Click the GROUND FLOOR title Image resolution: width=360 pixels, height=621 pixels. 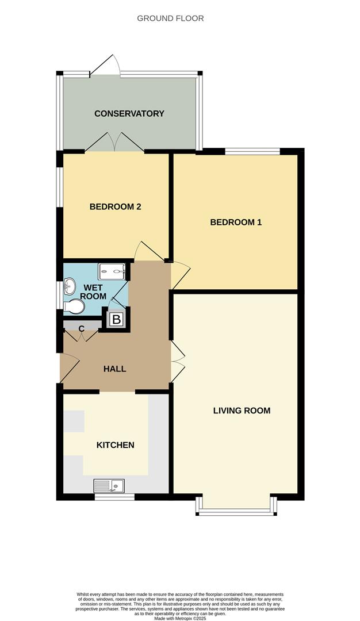[x=170, y=18]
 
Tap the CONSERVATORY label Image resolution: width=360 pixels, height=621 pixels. [x=129, y=113]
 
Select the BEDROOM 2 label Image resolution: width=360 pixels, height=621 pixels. [x=115, y=207]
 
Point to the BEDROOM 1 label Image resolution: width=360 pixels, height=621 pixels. [x=236, y=222]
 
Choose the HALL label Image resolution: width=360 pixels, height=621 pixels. [x=114, y=369]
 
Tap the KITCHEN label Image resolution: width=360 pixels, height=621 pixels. [x=115, y=445]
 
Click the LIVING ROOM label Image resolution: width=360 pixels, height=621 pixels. [x=242, y=411]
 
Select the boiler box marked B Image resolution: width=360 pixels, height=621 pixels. [x=116, y=319]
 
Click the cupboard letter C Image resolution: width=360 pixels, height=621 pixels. [x=82, y=328]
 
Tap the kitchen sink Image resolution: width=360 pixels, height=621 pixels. [x=109, y=486]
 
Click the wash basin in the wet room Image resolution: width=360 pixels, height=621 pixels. [x=70, y=285]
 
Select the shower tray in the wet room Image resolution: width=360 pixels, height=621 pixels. [x=111, y=271]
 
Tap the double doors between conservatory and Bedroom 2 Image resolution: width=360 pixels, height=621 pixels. [x=115, y=143]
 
